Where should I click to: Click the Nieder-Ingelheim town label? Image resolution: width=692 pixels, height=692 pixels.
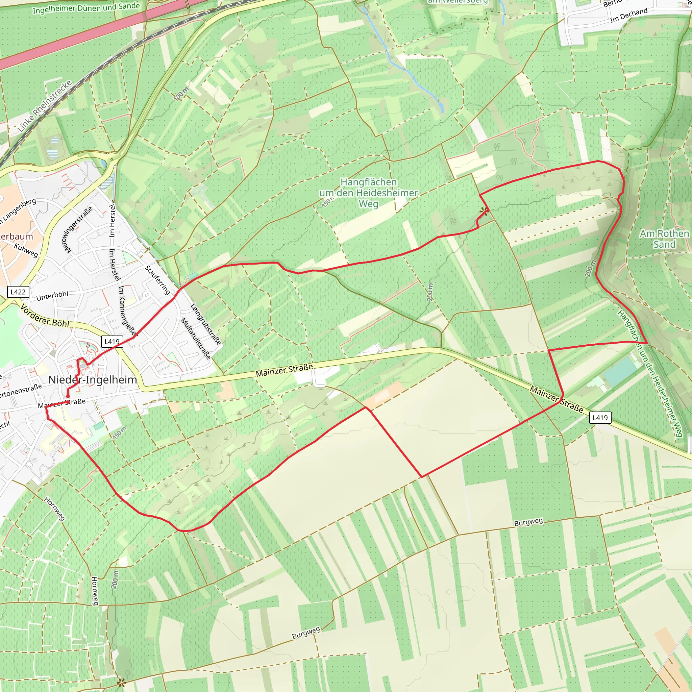tap(92, 380)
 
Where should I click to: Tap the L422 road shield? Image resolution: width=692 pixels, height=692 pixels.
tap(18, 292)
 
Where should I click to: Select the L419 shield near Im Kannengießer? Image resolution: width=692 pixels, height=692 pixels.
tap(112, 341)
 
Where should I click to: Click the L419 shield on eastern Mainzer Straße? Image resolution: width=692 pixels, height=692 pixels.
tap(600, 417)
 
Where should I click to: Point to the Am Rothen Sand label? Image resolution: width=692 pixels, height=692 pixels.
tap(664, 239)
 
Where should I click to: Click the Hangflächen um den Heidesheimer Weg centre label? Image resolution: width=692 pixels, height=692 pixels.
tap(369, 193)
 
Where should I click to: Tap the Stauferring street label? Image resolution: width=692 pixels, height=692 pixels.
tap(157, 280)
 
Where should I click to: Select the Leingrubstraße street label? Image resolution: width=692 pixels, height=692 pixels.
tap(205, 324)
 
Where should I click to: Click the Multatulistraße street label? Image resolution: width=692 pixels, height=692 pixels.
tap(196, 338)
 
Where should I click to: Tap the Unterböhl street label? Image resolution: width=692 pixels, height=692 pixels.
tap(52, 296)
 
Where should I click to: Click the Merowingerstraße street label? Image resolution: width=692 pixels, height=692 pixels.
tap(78, 229)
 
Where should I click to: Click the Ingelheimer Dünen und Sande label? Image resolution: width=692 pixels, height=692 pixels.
tap(86, 8)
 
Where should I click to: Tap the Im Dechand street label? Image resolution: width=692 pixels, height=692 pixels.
tap(628, 16)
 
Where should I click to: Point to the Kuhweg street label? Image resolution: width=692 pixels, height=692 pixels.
tap(26, 250)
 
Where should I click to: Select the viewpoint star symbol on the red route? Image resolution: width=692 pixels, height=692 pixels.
tap(484, 211)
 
